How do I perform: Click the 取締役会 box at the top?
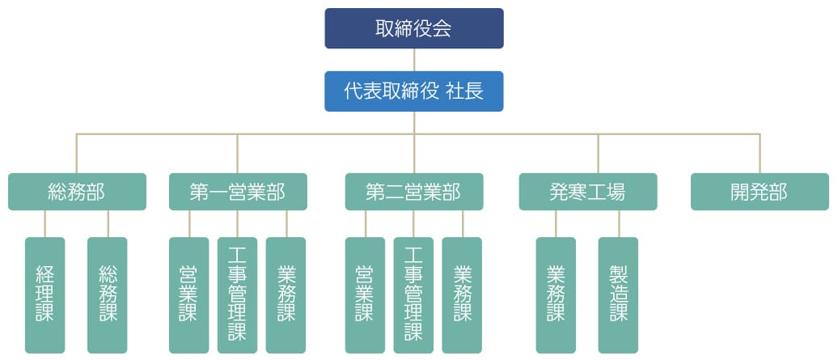click(x=413, y=28)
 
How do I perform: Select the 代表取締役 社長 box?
click(x=413, y=91)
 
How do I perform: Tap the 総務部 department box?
click(x=77, y=192)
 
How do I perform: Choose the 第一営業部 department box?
click(x=238, y=192)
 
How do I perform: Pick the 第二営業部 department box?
click(x=413, y=192)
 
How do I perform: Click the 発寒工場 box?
click(x=587, y=192)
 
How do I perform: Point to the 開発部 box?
click(x=760, y=192)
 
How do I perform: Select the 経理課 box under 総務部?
click(x=45, y=294)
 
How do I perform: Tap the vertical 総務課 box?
click(x=108, y=294)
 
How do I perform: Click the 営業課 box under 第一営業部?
click(x=188, y=294)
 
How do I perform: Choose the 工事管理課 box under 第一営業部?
click(x=237, y=294)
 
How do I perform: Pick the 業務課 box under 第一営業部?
click(x=286, y=294)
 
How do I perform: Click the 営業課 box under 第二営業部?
click(x=365, y=294)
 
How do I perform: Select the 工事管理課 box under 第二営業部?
click(x=413, y=294)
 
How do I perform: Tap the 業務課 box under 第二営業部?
click(x=462, y=294)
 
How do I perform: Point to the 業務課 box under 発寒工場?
click(x=556, y=294)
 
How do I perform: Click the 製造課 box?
click(x=618, y=294)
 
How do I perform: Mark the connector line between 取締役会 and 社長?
click(x=414, y=61)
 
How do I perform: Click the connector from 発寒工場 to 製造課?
click(x=619, y=224)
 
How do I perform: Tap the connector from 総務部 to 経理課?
click(x=45, y=224)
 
